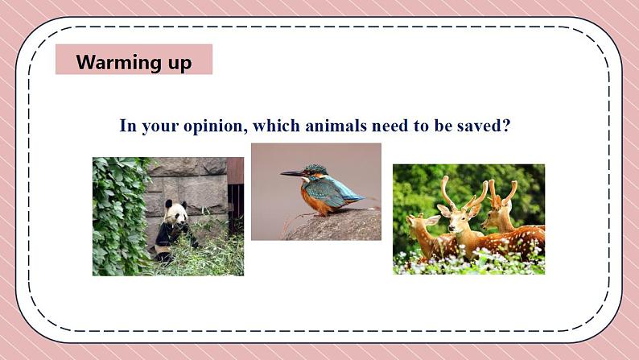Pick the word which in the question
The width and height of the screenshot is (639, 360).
tap(277, 126)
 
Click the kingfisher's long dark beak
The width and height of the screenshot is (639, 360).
tap(293, 174)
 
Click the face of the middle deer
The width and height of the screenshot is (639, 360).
tap(456, 218)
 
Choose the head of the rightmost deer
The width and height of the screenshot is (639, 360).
tap(494, 215)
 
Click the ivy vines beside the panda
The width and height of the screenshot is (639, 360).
tap(119, 216)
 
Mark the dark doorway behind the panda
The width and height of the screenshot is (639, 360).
tap(236, 208)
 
